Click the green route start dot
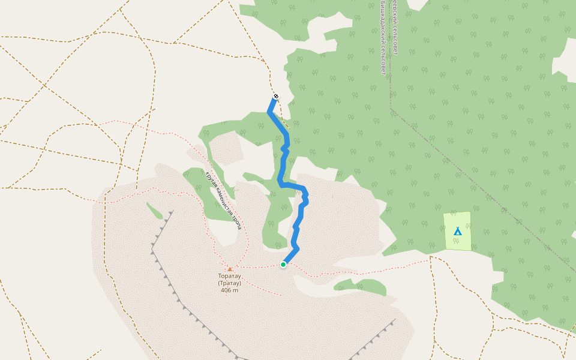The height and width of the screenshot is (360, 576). pyautogui.click(x=283, y=264)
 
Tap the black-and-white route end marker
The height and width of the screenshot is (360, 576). pyautogui.click(x=275, y=96)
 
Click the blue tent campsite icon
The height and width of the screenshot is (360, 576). pyautogui.click(x=458, y=231)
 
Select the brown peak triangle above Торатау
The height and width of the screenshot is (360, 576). pyautogui.click(x=229, y=269)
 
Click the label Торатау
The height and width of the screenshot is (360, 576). pyautogui.click(x=229, y=277)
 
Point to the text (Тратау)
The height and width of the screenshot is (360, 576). pyautogui.click(x=229, y=283)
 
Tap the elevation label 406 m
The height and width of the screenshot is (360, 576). pyautogui.click(x=229, y=290)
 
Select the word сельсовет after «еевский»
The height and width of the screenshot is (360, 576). pyautogui.click(x=396, y=42)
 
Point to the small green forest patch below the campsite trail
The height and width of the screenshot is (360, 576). pyautogui.click(x=360, y=286)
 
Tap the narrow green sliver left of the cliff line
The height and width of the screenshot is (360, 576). pyautogui.click(x=154, y=211)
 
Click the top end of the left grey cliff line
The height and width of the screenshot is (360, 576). pyautogui.click(x=172, y=212)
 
